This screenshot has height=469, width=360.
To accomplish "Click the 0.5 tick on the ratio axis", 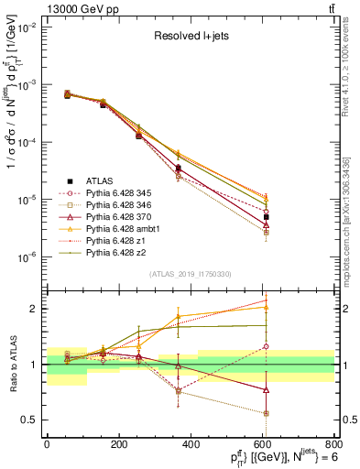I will click(x=32, y=420).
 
